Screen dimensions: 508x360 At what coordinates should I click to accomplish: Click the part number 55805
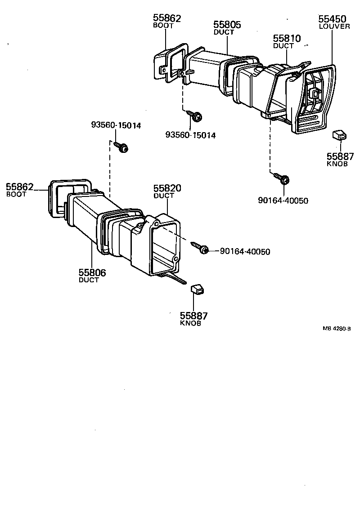tap(227, 25)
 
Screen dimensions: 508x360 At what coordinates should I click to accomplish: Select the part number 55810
tap(287, 39)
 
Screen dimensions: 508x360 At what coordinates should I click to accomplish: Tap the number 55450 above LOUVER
tap(332, 19)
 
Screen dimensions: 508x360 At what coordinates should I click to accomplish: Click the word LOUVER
tap(334, 27)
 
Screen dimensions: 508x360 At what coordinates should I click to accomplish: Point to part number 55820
tap(167, 188)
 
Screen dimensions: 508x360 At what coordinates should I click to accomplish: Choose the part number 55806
tap(92, 272)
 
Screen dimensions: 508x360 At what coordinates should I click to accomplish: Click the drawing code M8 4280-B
tap(336, 328)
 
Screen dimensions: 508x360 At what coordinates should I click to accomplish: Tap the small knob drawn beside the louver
tap(340, 134)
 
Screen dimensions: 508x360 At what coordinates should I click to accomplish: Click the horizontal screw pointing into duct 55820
tap(200, 247)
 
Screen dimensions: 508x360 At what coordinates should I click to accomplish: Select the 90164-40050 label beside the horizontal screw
tap(245, 252)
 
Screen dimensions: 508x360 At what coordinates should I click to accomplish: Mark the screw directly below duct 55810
tap(283, 179)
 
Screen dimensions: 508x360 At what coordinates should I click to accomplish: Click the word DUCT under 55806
tap(89, 280)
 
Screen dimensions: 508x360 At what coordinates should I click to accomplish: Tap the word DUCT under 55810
tap(283, 46)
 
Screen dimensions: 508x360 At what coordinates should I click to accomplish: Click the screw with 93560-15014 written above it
tap(121, 147)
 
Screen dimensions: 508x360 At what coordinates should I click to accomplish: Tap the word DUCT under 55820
tap(164, 196)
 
